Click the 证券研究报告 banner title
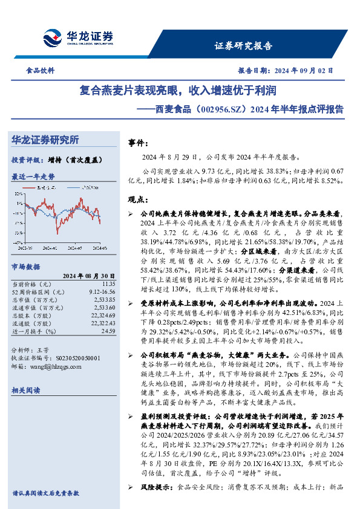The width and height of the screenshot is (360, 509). click(x=243, y=46)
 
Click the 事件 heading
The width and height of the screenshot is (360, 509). click(x=137, y=143)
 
